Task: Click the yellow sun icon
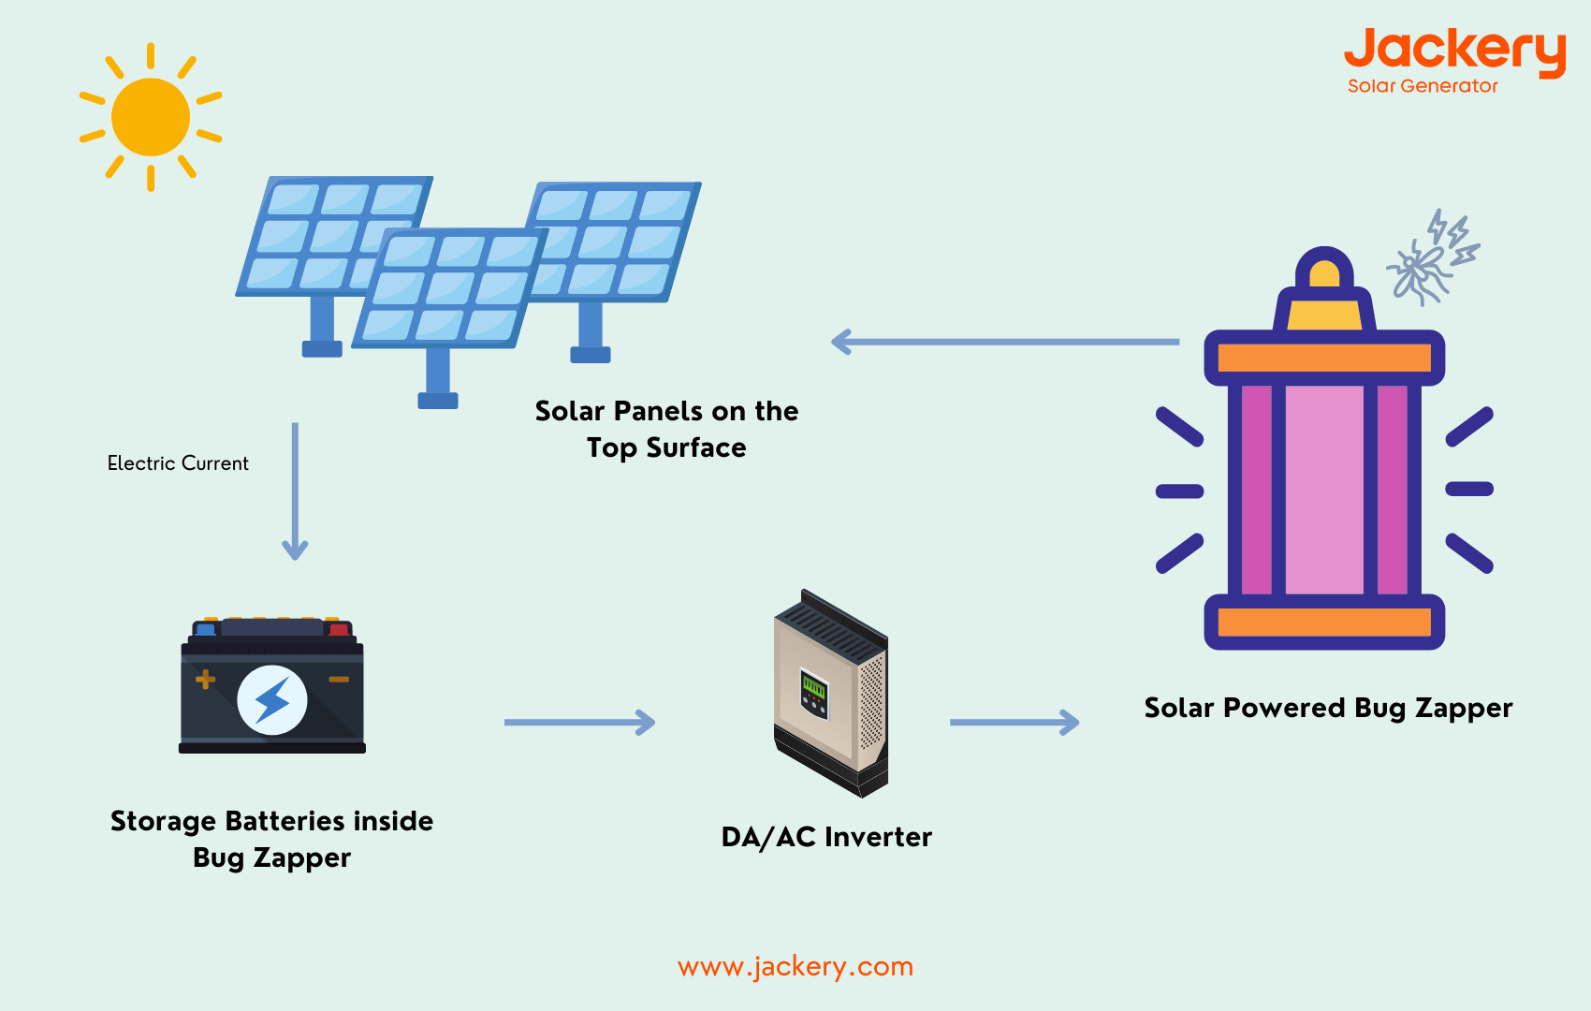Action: [x=151, y=117]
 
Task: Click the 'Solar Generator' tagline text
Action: [x=1422, y=86]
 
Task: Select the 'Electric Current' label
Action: [x=178, y=463]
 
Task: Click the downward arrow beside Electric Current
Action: [x=295, y=491]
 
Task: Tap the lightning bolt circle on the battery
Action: [x=272, y=700]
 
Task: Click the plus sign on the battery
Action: [x=205, y=679]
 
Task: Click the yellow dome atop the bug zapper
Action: [x=1324, y=273]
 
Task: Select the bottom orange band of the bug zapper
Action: [x=1324, y=623]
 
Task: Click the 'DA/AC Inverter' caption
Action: [x=826, y=837]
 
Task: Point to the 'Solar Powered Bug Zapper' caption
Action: [x=1328, y=708]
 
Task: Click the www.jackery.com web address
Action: [x=795, y=966]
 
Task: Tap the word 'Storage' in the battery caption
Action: [x=163, y=821]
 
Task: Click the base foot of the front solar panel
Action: [x=437, y=401]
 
